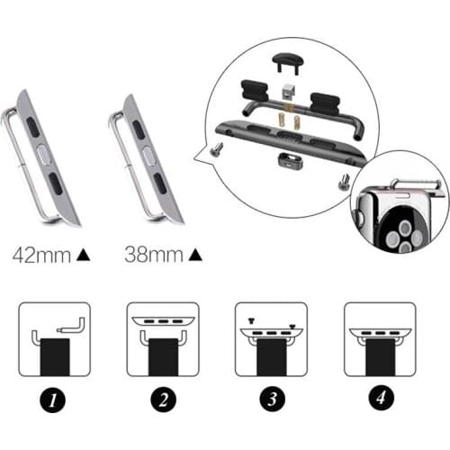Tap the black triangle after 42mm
(83, 256)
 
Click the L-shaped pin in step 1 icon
(70, 328)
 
